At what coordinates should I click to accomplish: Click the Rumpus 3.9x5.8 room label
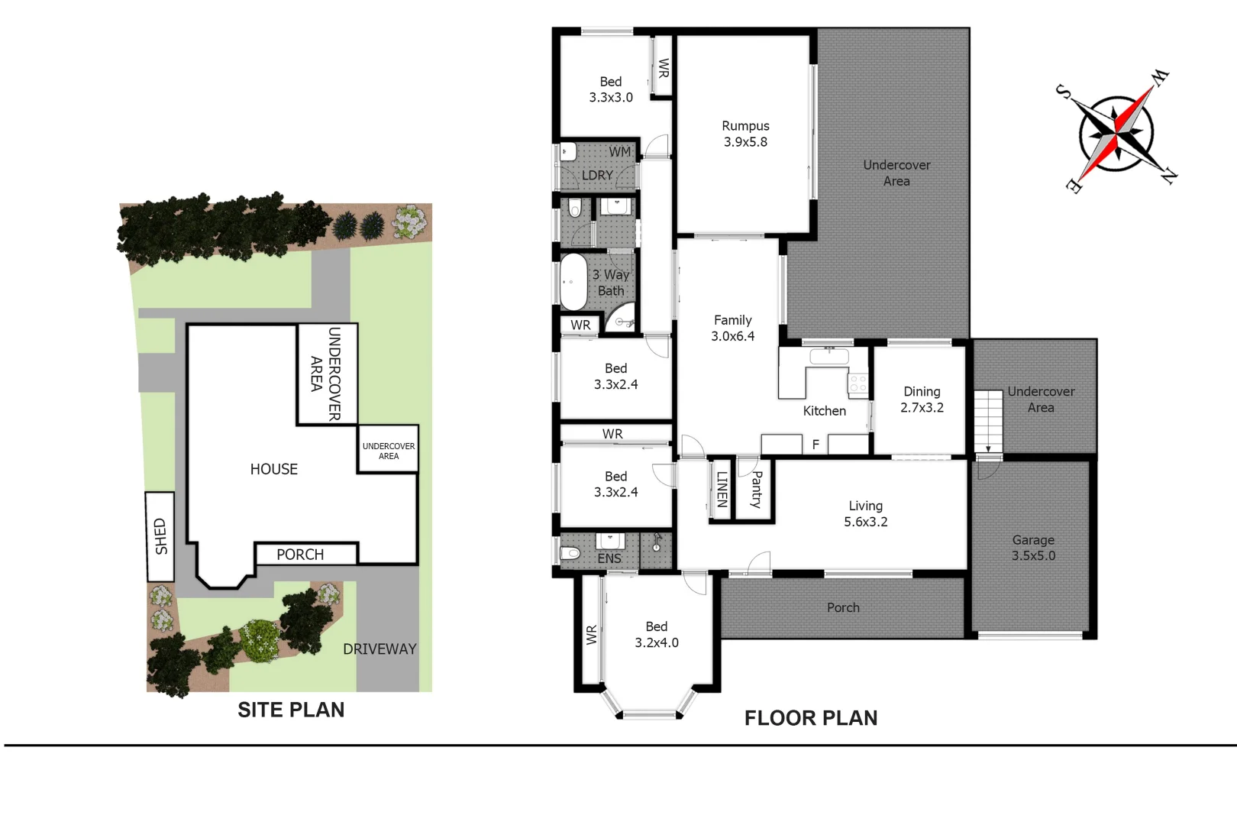[745, 134]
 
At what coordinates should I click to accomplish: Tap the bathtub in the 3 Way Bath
[573, 282]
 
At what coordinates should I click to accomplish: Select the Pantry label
[756, 490]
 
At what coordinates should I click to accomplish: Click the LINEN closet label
[722, 489]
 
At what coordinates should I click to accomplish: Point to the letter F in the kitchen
[816, 445]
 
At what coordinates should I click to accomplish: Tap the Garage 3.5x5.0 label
[1033, 548]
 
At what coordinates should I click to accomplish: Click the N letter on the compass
[1168, 176]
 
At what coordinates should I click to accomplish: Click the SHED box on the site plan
[160, 536]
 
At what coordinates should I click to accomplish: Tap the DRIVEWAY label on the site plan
[379, 649]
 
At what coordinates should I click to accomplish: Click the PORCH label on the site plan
[300, 555]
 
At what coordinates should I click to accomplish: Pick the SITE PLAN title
[291, 710]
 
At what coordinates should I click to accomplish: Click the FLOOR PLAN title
[811, 718]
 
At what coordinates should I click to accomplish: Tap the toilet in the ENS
[570, 553]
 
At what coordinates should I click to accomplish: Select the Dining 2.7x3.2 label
[922, 400]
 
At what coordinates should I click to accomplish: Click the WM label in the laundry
[619, 152]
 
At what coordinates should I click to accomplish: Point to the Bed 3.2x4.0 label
[656, 635]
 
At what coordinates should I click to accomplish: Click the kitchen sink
[829, 356]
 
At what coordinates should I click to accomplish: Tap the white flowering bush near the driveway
[260, 640]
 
